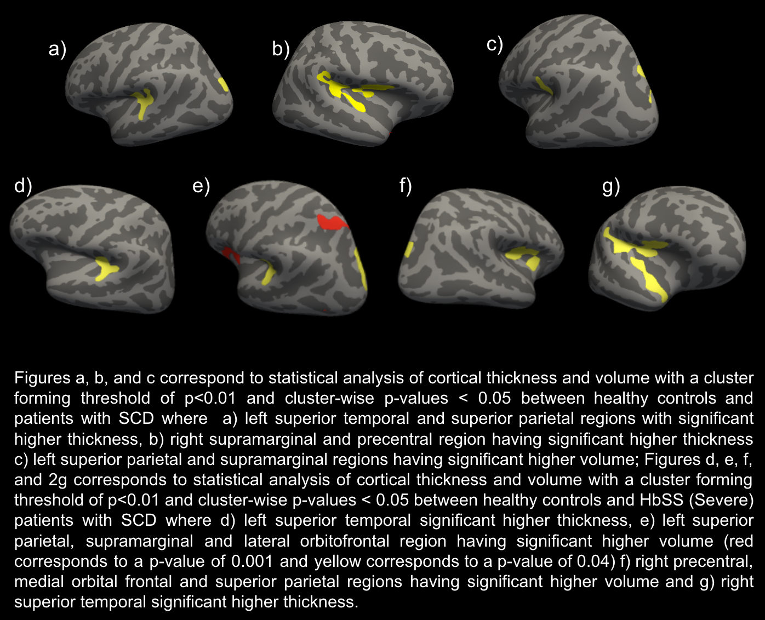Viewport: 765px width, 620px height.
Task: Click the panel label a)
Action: (57, 49)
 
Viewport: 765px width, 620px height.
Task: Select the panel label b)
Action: (280, 49)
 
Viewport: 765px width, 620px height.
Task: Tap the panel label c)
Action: (494, 44)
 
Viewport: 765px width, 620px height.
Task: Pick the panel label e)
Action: (201, 186)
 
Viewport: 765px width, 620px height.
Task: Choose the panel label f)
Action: (406, 186)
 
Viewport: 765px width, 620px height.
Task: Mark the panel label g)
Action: (611, 186)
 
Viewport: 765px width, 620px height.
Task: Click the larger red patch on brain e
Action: (331, 222)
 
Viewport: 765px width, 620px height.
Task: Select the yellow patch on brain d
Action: (105, 268)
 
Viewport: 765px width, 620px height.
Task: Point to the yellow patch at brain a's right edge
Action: (223, 84)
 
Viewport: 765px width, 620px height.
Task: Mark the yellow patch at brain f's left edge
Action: (408, 249)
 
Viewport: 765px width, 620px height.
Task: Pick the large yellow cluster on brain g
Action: (641, 263)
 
